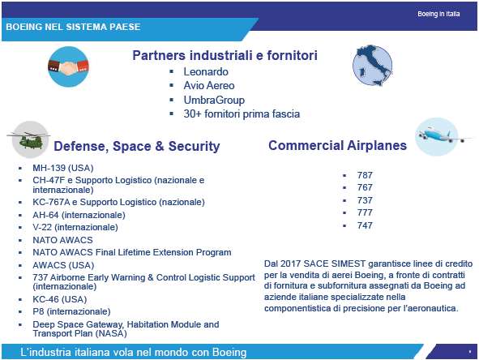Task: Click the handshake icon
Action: (x=68, y=66)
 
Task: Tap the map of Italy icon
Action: (x=372, y=65)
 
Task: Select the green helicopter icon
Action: (x=29, y=139)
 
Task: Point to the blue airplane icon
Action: (x=440, y=136)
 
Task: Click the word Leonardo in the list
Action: (x=206, y=72)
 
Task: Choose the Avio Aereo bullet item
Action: (x=209, y=86)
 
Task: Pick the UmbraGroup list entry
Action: (x=214, y=100)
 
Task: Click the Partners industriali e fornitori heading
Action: (x=225, y=55)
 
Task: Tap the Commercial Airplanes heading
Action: (x=337, y=145)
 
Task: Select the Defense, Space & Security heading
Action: (x=137, y=146)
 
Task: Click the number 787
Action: (x=365, y=175)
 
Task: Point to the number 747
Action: (x=365, y=225)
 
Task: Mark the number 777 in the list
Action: (x=365, y=212)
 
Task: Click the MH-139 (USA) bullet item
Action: (x=63, y=168)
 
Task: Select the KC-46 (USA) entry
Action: (x=59, y=299)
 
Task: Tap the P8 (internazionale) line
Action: (x=71, y=311)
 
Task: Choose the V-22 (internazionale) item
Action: (x=75, y=227)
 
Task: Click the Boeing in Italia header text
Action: (x=438, y=14)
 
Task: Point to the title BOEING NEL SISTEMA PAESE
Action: (x=73, y=27)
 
